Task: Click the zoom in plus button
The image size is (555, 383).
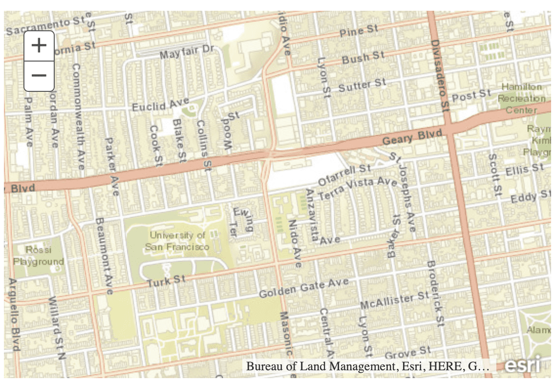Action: pyautogui.click(x=39, y=45)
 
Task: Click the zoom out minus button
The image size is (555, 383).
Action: pyautogui.click(x=39, y=76)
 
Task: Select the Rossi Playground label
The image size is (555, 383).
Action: pyautogui.click(x=39, y=255)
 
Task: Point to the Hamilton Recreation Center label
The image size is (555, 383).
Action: pyautogui.click(x=521, y=98)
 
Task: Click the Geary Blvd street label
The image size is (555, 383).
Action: pyautogui.click(x=412, y=137)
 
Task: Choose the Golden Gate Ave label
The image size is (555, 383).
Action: pyautogui.click(x=303, y=289)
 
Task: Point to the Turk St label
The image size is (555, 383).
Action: pyautogui.click(x=167, y=281)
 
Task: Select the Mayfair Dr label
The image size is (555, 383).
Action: pyautogui.click(x=187, y=51)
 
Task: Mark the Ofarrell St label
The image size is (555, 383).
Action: pyautogui.click(x=345, y=175)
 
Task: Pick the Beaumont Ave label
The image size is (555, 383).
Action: pyautogui.click(x=104, y=256)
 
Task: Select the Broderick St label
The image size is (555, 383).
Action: pyautogui.click(x=435, y=293)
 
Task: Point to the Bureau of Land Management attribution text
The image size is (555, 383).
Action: pyautogui.click(x=367, y=366)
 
